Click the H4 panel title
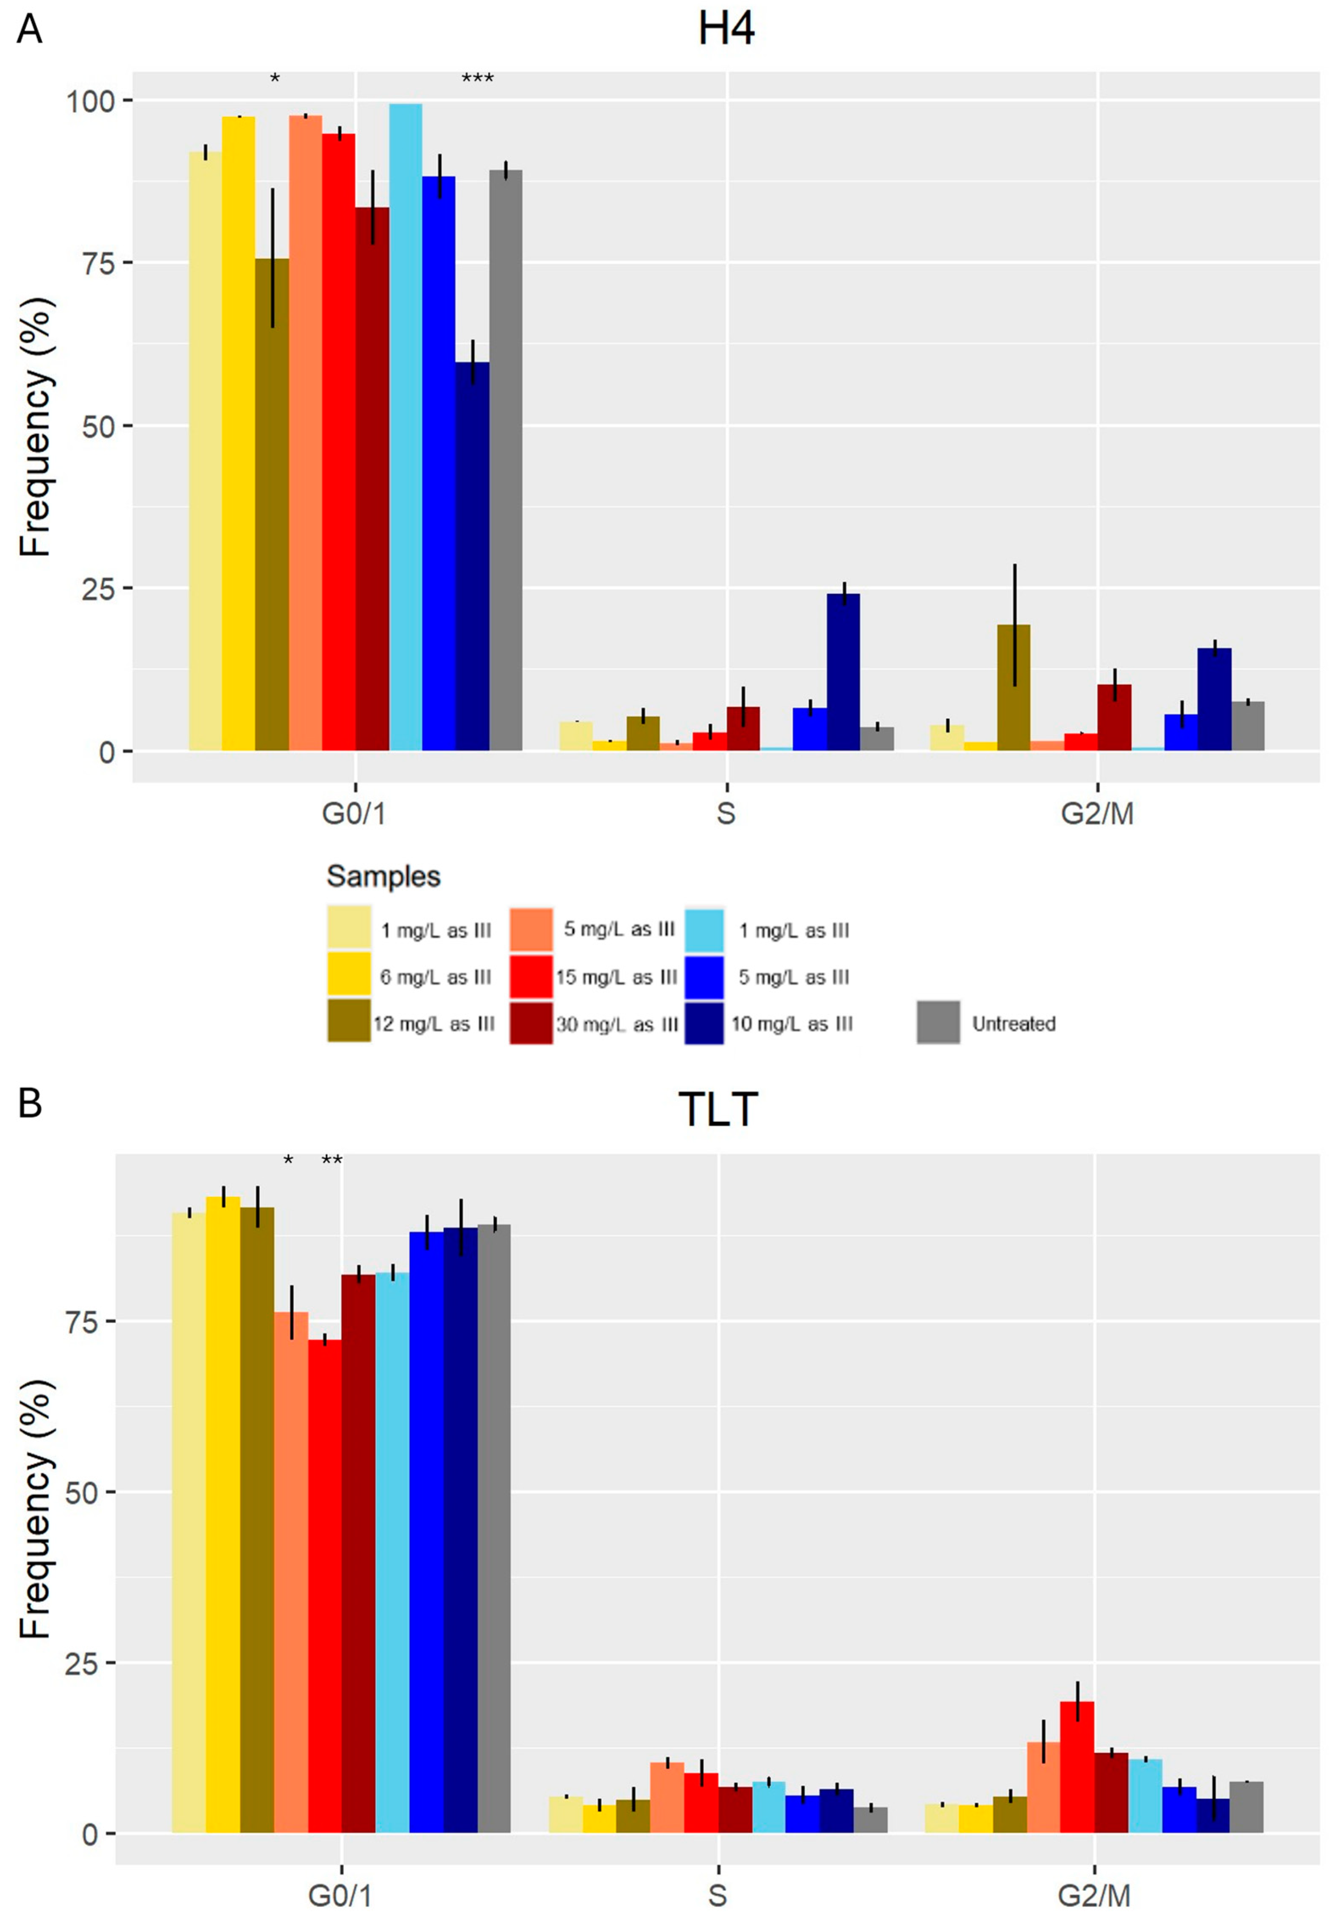[x=726, y=30]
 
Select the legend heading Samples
[x=383, y=876]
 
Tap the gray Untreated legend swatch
[x=937, y=1022]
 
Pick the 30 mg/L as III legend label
[x=616, y=1024]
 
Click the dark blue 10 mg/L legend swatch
[x=703, y=1022]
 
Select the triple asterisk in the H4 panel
[x=477, y=79]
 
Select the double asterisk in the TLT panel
[x=331, y=1160]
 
